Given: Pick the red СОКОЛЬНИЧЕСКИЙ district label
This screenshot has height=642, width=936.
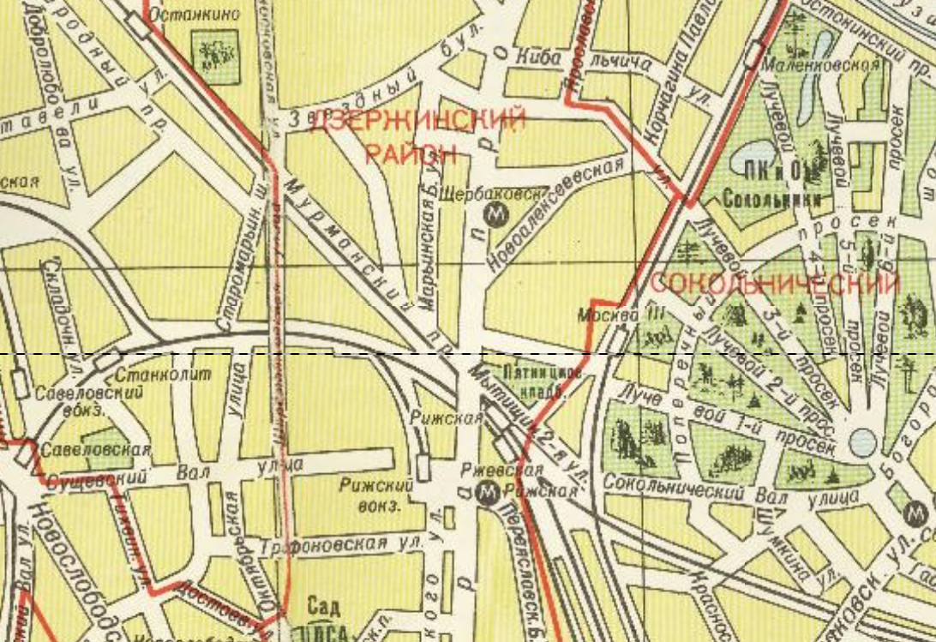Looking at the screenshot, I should pyautogui.click(x=775, y=284).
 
